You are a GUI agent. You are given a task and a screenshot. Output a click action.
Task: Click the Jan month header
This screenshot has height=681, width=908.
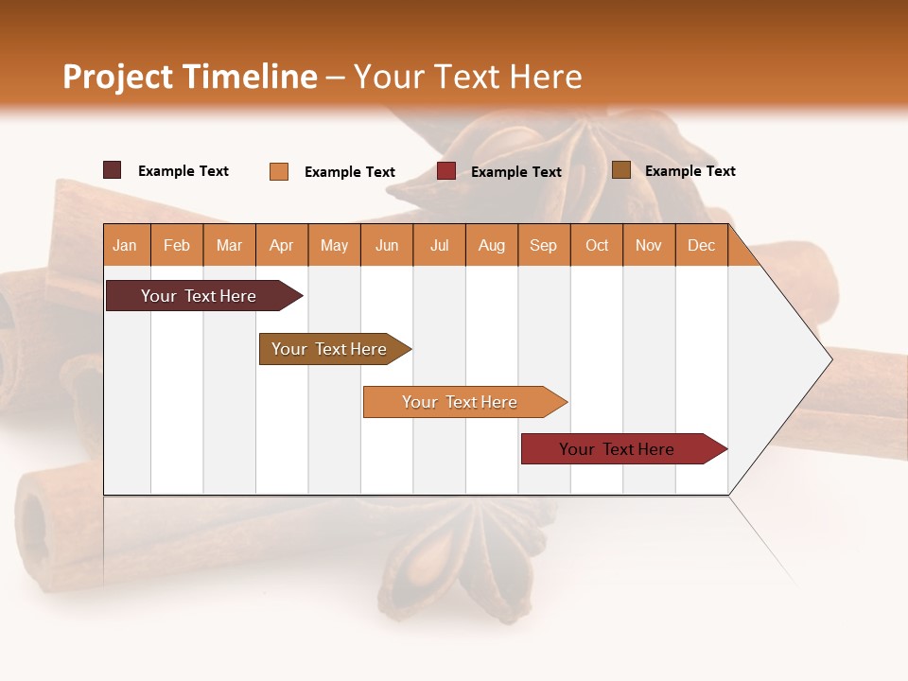[x=125, y=245]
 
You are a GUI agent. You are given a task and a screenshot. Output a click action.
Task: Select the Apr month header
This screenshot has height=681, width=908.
[x=282, y=245]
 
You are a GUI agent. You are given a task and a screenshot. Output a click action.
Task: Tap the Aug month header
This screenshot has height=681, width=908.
[x=492, y=245]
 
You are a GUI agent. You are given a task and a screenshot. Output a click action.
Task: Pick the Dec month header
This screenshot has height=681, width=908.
[x=701, y=245]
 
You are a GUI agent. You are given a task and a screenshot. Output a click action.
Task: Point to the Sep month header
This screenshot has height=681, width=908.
[x=543, y=245]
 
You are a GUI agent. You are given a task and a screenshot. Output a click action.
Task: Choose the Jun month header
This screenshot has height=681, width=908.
[x=387, y=245]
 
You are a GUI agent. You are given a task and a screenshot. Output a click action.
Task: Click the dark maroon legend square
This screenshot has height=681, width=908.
[x=112, y=170]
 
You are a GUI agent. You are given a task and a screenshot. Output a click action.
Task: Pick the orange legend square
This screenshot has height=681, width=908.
[x=279, y=171]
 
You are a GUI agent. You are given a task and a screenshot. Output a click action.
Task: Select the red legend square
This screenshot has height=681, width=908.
[x=446, y=171]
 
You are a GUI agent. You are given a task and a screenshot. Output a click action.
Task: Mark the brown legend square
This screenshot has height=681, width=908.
[x=620, y=170]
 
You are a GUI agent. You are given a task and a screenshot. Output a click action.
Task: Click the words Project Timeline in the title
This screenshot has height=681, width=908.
[x=189, y=77]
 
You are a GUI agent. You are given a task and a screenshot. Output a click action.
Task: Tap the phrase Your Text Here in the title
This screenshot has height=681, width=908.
[x=468, y=77]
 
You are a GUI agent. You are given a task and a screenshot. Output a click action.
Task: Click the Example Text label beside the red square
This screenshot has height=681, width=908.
[x=516, y=172]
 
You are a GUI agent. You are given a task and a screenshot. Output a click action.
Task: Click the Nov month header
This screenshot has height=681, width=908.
[x=649, y=245]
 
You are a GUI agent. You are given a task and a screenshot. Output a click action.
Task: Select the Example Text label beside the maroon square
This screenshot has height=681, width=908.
[x=183, y=171]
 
